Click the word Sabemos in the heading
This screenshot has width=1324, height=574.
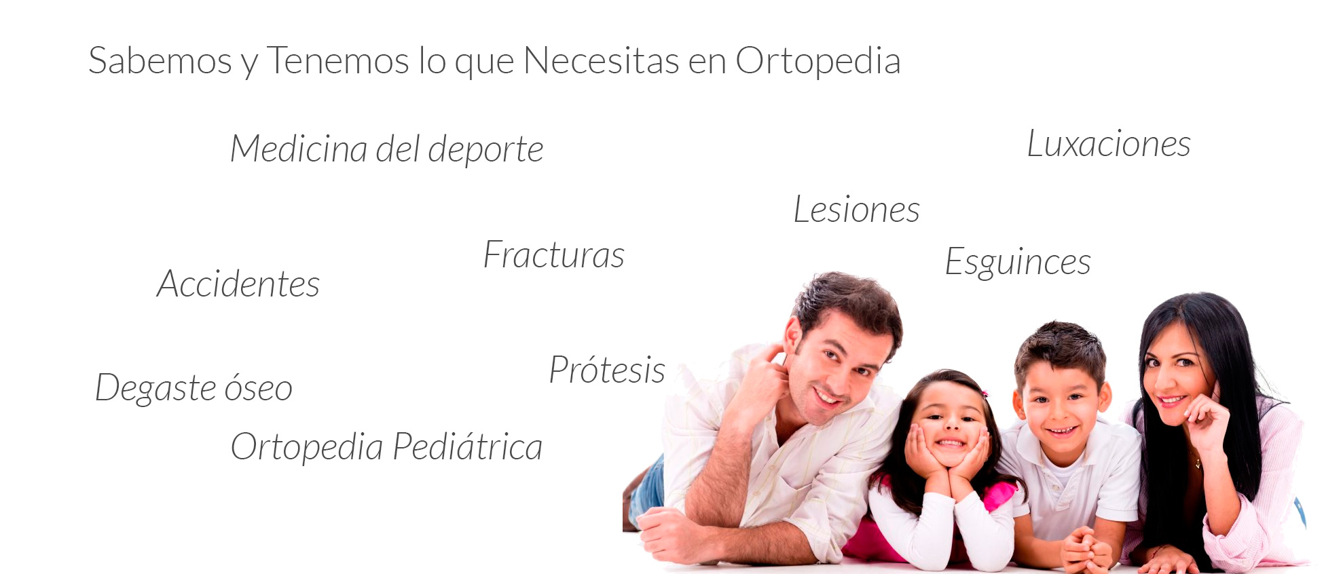point(160,60)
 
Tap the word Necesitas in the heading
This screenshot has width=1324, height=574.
point(602,60)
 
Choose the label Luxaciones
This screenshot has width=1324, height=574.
point(1109,144)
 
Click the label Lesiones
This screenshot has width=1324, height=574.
point(857,209)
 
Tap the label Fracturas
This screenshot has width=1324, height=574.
point(554,255)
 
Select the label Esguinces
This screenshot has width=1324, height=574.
point(1018,263)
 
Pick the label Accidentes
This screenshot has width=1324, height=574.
point(238,284)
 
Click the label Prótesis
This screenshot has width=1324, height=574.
point(607,370)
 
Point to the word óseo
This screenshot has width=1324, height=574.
point(259,387)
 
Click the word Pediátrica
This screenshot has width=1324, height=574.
point(468,446)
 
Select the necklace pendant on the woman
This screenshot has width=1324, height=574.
point(1198,464)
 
